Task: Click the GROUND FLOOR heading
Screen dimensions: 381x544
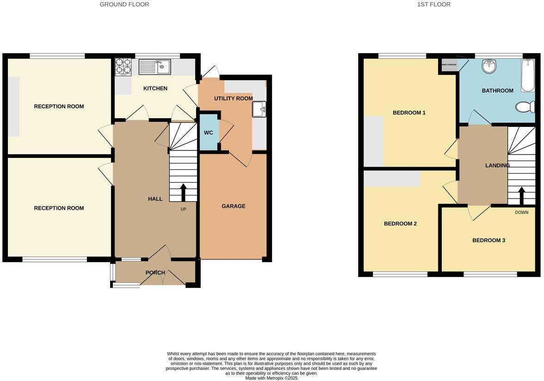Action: tap(124, 5)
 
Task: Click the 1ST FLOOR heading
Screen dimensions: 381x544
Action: tap(433, 5)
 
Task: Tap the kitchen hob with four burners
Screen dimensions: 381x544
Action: tap(123, 67)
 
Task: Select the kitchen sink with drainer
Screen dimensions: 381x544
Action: tap(155, 67)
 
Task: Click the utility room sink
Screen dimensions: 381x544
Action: tap(259, 110)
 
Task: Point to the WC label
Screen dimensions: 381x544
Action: tap(209, 133)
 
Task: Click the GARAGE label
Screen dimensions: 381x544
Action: tap(234, 206)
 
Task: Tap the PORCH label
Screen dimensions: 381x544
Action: tap(155, 273)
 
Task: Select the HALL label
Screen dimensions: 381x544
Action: tap(155, 199)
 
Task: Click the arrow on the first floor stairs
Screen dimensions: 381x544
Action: tap(522, 196)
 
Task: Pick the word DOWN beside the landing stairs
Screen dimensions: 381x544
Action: tap(521, 212)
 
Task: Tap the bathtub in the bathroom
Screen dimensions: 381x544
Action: tap(528, 75)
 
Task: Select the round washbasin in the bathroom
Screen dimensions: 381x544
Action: tap(489, 67)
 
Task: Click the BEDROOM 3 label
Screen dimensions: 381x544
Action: tap(488, 240)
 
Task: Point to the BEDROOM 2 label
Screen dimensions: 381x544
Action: tap(400, 224)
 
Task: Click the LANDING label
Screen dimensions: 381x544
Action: tap(497, 165)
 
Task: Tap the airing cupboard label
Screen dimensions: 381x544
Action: tap(449, 64)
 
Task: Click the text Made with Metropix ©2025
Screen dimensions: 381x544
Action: tap(272, 378)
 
